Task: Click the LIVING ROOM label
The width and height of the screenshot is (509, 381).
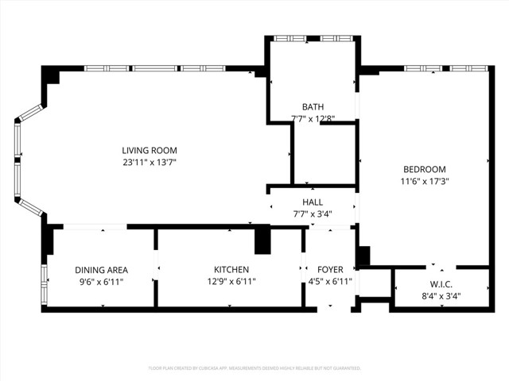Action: tap(149, 150)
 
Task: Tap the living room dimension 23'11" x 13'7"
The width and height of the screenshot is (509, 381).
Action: tap(149, 163)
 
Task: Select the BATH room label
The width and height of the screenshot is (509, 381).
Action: tap(313, 107)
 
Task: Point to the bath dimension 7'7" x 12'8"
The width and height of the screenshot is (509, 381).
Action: tap(313, 119)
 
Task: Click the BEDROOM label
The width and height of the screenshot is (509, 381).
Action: tap(424, 169)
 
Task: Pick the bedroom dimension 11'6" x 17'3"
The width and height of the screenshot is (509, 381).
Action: tap(424, 181)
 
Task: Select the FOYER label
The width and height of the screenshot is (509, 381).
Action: tap(330, 270)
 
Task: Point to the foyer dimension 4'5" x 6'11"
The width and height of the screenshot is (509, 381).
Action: tap(330, 282)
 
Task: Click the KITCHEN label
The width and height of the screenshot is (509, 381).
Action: tap(231, 270)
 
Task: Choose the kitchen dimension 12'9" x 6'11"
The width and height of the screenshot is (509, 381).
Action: tap(231, 282)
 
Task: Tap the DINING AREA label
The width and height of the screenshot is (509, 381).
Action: tap(101, 270)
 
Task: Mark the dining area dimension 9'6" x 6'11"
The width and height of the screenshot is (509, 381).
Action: tap(101, 282)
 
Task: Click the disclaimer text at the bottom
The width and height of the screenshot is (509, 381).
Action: tap(254, 368)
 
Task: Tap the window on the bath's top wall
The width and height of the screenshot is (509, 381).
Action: tap(313, 38)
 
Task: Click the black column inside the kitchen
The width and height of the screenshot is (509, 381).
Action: tap(262, 239)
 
